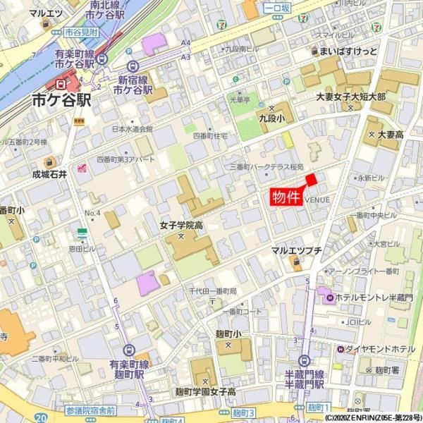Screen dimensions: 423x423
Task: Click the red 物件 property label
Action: point(286,197)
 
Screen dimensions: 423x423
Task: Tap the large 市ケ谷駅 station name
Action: point(62,100)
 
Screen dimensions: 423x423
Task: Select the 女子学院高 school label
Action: point(181,226)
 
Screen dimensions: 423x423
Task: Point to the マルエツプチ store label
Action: point(296,250)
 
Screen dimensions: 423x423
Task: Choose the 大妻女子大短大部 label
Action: point(350,97)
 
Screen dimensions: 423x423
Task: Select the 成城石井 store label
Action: point(49,173)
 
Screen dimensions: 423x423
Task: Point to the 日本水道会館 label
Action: point(133,129)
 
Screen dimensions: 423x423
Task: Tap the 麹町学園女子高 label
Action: point(205,391)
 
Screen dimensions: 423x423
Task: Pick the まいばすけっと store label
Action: point(348,51)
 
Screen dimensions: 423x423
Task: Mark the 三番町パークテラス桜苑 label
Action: point(267,167)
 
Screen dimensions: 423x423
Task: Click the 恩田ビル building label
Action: point(82,248)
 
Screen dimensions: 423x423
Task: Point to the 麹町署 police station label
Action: point(388,369)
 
